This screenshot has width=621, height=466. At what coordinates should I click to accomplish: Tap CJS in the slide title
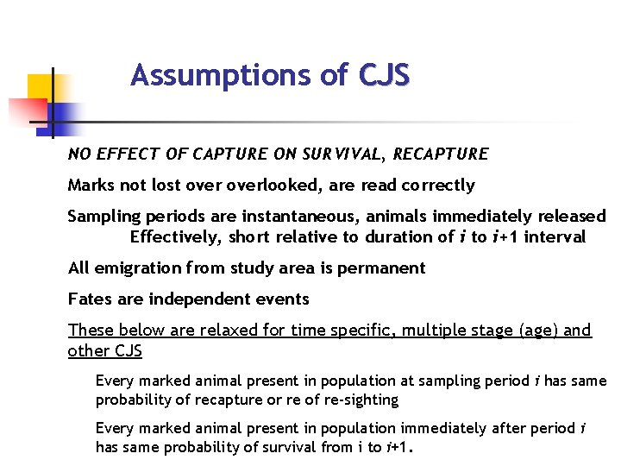pos(384,77)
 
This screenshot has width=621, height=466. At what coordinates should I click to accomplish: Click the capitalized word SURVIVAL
pos(332,154)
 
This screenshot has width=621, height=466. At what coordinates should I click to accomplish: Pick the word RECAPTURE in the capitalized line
pos(441,154)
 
